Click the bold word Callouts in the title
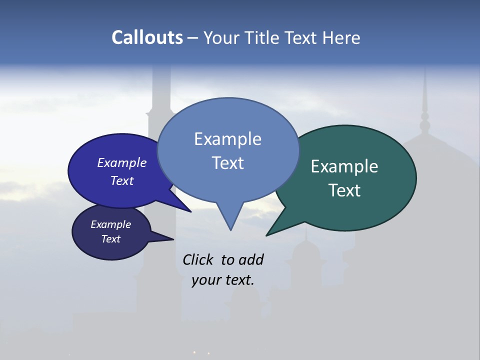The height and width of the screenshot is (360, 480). (147, 37)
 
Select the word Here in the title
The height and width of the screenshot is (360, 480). (341, 37)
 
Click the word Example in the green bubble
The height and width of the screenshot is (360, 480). (344, 166)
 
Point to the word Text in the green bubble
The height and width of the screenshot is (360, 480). (344, 190)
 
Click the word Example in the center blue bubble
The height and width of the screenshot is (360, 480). (227, 139)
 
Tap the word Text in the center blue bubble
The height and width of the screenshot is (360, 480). (227, 163)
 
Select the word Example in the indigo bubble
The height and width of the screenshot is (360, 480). (122, 162)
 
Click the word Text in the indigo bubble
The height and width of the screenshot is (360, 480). (122, 180)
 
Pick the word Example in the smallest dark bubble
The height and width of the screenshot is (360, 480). (110, 224)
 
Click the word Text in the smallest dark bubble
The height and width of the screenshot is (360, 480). (110, 239)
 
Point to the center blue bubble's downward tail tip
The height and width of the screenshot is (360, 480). (230, 230)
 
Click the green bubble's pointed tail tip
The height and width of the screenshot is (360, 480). (266, 235)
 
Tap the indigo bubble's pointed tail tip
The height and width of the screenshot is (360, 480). (190, 211)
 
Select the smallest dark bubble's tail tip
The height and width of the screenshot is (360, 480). (173, 239)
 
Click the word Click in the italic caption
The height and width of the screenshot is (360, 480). (198, 259)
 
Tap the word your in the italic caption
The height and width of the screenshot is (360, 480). (205, 280)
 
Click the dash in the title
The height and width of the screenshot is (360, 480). (193, 38)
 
